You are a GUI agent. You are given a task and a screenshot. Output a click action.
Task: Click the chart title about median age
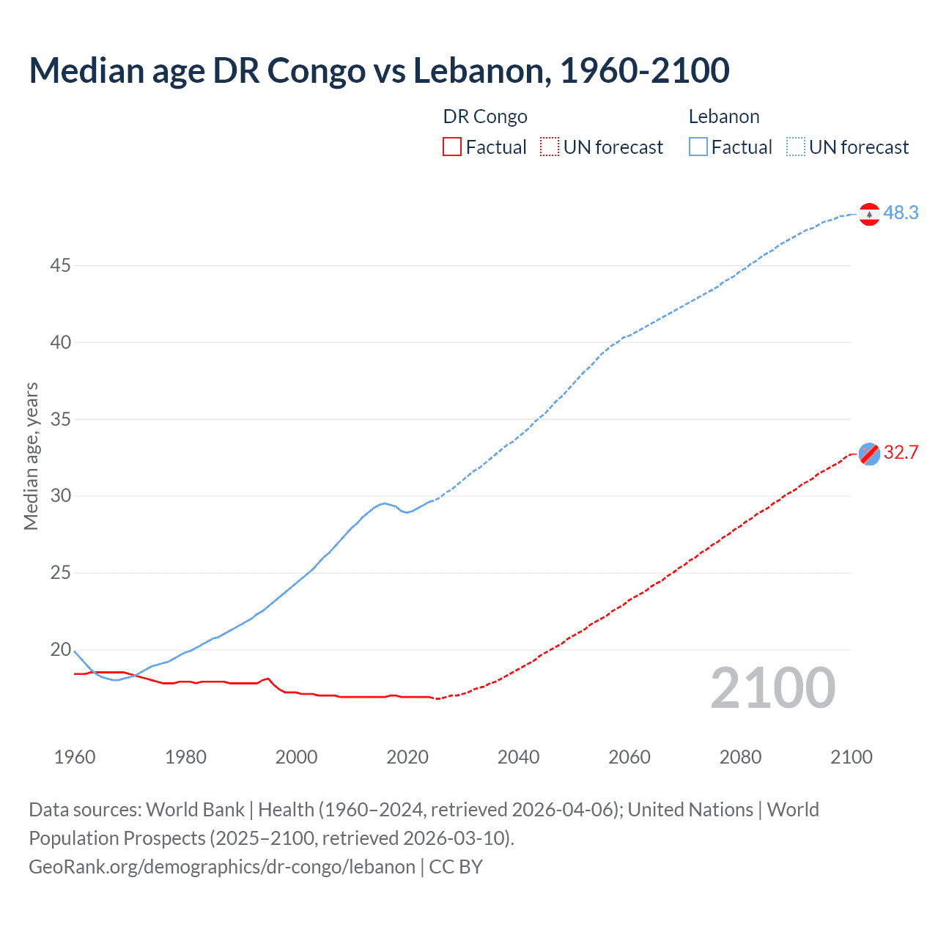click(379, 70)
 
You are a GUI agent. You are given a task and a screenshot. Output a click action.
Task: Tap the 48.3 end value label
click(901, 213)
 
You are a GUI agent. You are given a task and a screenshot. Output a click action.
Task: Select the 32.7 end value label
click(901, 452)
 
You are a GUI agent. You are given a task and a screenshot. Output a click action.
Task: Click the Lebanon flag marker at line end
click(869, 214)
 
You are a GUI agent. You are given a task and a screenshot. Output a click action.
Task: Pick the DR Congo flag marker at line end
click(869, 454)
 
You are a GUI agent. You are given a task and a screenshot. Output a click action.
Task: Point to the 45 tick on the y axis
click(60, 265)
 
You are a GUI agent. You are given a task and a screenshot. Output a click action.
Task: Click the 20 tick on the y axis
click(60, 649)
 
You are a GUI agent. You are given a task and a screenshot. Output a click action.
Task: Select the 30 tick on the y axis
click(60, 495)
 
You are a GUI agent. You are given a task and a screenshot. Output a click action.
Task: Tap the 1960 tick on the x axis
click(75, 757)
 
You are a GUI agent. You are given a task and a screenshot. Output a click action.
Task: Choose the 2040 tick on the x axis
click(518, 757)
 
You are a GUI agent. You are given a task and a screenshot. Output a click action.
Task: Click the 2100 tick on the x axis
click(851, 757)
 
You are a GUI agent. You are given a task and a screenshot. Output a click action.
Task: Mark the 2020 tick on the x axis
click(407, 757)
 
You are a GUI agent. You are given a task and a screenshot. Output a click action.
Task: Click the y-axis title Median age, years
click(31, 456)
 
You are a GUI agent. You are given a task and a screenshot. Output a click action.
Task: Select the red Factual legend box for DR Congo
click(452, 147)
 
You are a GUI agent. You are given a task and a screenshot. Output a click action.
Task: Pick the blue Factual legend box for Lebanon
click(698, 147)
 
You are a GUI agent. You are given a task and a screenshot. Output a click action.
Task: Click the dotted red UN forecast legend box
click(550, 147)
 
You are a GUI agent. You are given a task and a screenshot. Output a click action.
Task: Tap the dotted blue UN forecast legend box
click(795, 147)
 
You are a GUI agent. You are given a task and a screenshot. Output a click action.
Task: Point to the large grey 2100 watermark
click(772, 688)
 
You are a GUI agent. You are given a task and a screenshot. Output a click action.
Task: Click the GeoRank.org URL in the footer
click(222, 867)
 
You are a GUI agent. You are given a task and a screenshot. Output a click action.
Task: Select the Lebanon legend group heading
click(723, 117)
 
